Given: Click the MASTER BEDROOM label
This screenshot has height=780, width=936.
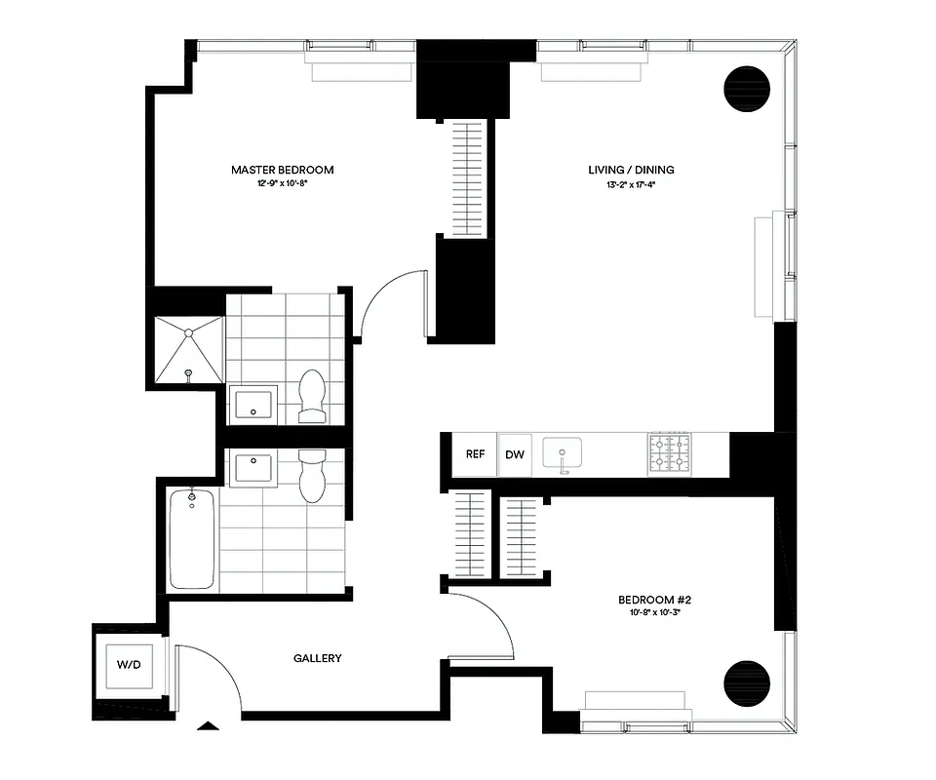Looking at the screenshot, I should coord(282,170).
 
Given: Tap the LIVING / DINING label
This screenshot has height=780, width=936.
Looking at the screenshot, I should coord(631,170).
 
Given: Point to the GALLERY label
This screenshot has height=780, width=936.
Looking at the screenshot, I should coord(318,658).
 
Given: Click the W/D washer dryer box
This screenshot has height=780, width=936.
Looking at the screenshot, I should coord(129,665).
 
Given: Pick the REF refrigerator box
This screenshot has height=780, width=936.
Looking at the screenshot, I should coord(475,454).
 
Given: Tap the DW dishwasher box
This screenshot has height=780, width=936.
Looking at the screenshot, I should coord(515,454).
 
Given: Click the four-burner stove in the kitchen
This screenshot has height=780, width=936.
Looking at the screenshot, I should coord(670,454).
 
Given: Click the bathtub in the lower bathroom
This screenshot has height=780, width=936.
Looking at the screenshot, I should coord(192,538).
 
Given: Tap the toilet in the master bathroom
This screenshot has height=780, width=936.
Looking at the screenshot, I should coord(312,397).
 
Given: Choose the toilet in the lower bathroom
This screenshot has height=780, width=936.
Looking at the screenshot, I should coord(312,475).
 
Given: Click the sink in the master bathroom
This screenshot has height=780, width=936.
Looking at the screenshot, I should coord(253,405).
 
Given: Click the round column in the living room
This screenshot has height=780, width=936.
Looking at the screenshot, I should coord(748,88).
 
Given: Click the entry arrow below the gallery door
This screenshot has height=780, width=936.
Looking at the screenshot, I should coord(208,724).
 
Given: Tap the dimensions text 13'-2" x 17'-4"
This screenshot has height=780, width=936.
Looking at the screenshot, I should coord(631,184).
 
